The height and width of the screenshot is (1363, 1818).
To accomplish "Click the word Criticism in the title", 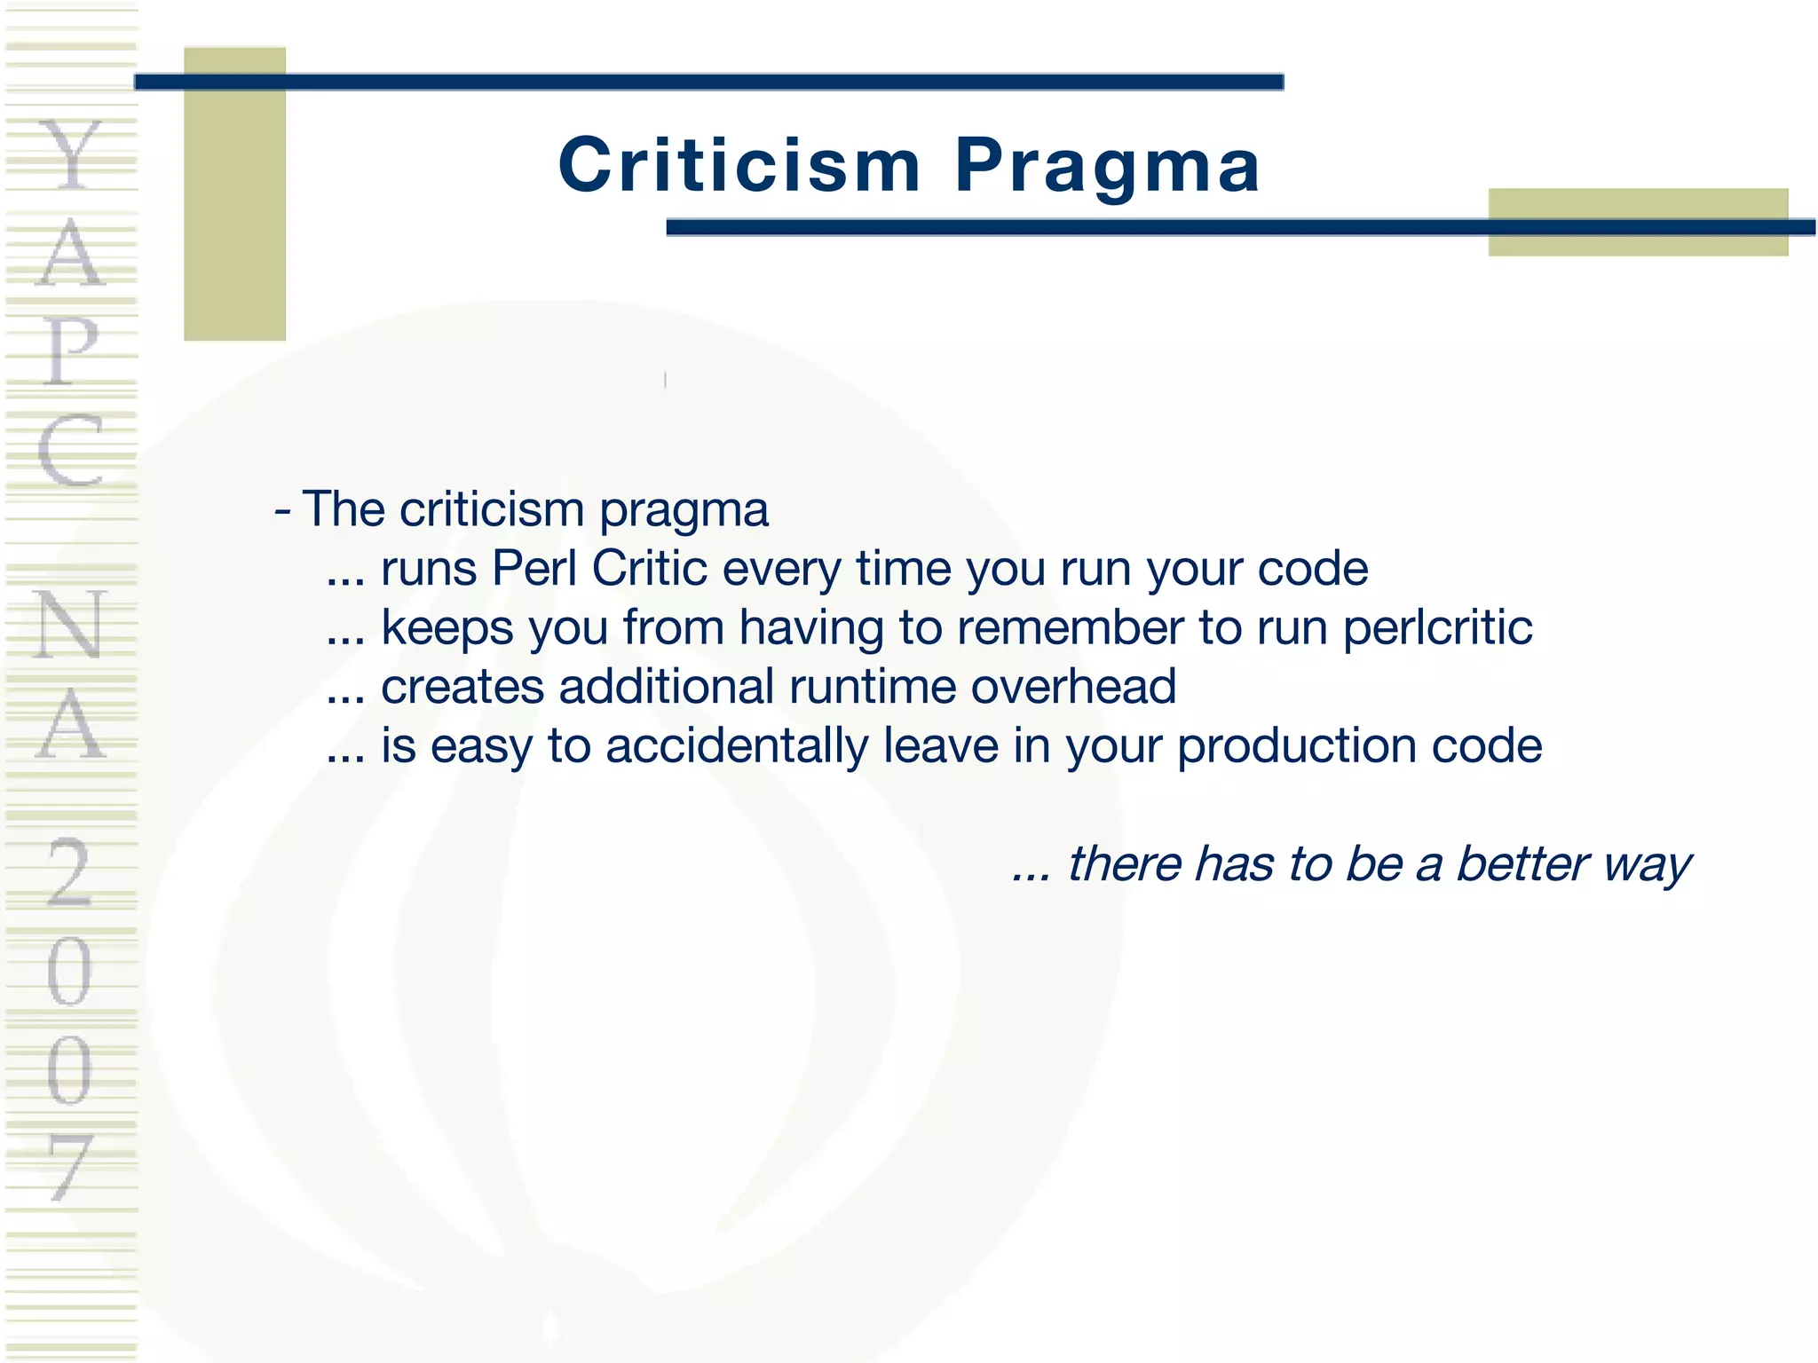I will click(739, 166).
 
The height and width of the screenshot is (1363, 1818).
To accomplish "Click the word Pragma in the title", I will click(1107, 166).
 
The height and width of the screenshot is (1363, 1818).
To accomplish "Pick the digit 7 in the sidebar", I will click(69, 1166).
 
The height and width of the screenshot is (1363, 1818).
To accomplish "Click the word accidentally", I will click(736, 745).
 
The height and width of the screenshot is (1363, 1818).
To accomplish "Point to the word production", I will click(1297, 745).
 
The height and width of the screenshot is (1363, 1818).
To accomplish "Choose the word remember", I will click(1070, 627).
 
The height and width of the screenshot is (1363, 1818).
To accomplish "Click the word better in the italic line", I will click(1523, 863).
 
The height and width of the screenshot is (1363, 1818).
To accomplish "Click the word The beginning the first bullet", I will click(344, 509).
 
